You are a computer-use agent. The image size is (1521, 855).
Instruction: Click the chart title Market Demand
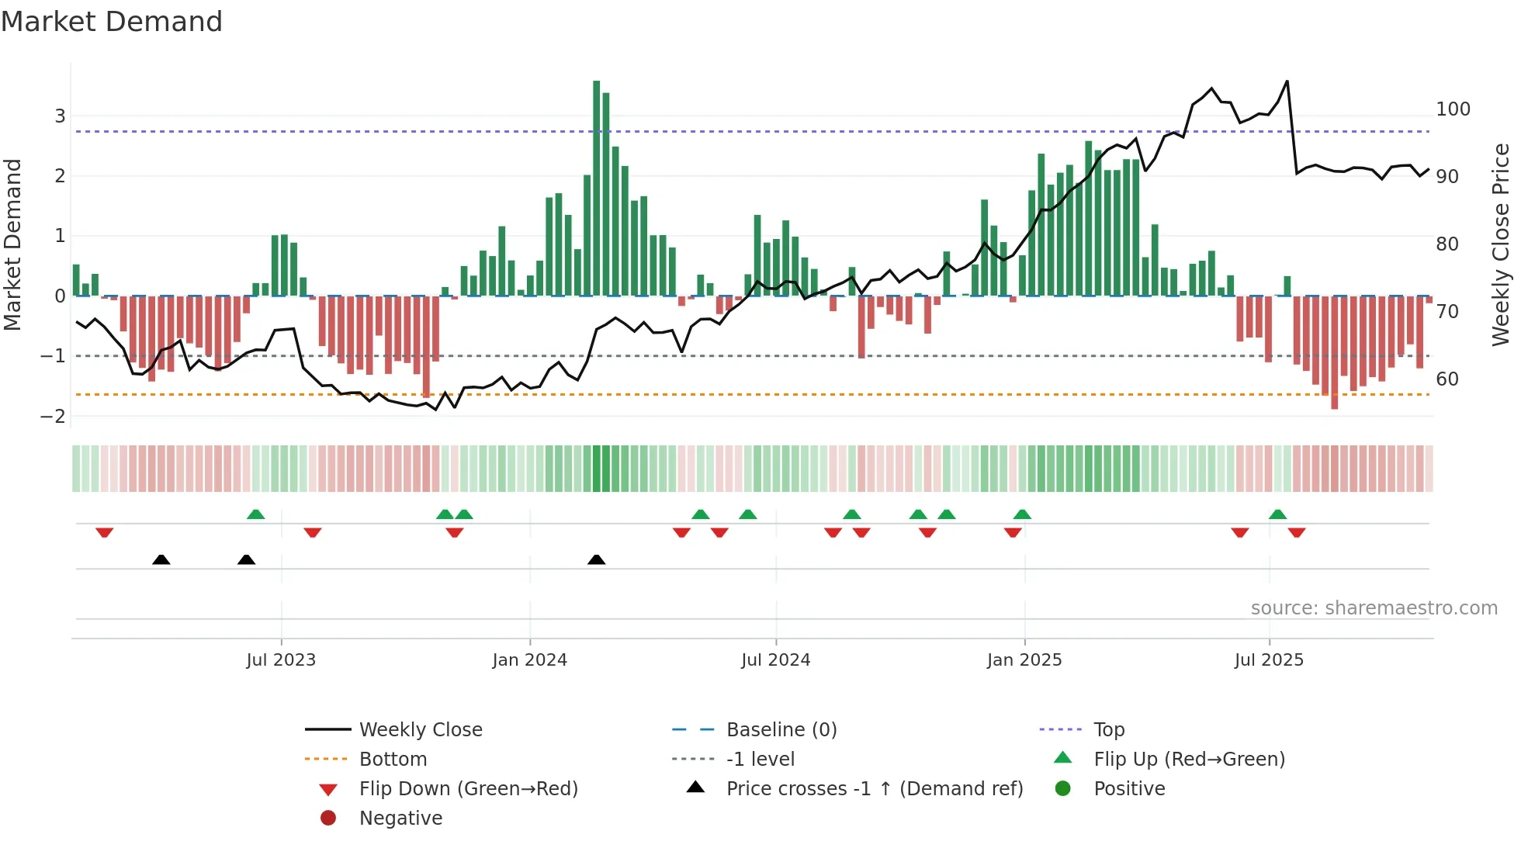point(112,22)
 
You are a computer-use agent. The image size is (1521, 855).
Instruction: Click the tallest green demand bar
point(596,186)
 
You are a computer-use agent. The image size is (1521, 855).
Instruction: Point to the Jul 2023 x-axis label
point(281,659)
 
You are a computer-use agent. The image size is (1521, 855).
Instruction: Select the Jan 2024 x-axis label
point(529,659)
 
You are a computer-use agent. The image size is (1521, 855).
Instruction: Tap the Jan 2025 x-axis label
point(1024,659)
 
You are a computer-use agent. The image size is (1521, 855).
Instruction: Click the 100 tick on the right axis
point(1453,109)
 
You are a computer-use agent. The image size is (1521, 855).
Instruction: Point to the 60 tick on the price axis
point(1447,379)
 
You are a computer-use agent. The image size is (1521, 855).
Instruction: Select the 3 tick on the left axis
point(60,116)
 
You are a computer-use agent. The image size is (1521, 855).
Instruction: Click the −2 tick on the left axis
point(54,416)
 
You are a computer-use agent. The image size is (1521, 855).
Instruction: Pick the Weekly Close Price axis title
point(1501,244)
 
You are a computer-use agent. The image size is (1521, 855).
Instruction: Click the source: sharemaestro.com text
point(1374,608)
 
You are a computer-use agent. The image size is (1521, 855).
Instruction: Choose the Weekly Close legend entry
point(420,729)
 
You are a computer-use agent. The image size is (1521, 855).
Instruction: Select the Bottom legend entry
point(393,759)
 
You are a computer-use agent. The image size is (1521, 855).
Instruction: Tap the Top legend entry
point(1108,729)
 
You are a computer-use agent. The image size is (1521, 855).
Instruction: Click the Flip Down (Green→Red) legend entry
point(468,788)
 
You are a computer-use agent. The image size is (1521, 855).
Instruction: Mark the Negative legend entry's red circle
point(328,818)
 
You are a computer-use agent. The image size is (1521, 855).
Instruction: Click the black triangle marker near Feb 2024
point(596,559)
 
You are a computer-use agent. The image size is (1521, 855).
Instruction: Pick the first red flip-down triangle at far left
point(105,532)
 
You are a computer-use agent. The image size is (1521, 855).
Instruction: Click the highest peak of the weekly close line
point(1287,81)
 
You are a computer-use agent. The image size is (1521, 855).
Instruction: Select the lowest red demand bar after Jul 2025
point(1334,353)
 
